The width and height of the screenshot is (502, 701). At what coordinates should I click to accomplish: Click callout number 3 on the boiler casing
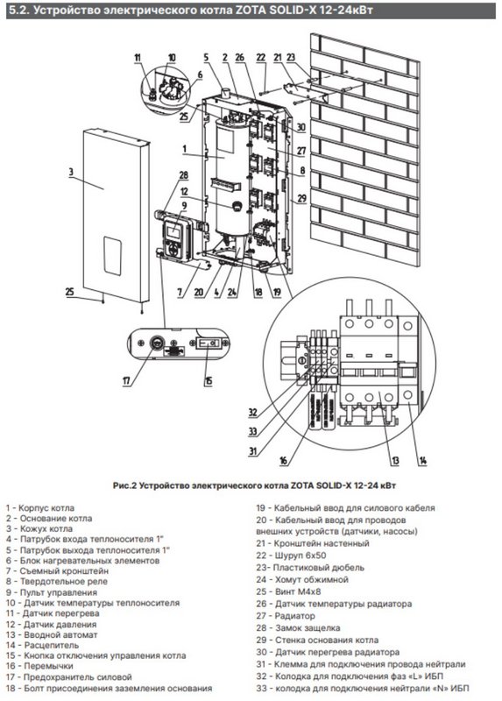click(x=72, y=173)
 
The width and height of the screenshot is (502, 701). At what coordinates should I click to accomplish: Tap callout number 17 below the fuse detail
click(x=126, y=380)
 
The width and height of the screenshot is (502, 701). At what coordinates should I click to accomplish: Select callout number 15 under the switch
click(x=209, y=380)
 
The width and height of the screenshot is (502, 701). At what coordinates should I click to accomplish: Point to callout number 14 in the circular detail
click(x=422, y=461)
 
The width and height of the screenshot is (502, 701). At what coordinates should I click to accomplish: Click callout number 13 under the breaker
click(x=395, y=461)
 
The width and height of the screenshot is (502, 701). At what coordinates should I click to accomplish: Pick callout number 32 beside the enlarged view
click(x=253, y=412)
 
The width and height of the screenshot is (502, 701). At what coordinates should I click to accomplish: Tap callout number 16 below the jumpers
click(x=283, y=461)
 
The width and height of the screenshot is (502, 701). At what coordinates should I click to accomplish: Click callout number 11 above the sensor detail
click(x=138, y=57)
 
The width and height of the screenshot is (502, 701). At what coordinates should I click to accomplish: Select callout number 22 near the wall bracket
click(x=261, y=57)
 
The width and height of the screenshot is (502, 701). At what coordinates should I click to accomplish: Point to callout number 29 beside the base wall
click(x=302, y=198)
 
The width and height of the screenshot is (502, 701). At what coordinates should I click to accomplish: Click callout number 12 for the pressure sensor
click(x=185, y=192)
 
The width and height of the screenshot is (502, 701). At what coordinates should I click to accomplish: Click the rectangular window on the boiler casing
click(x=113, y=255)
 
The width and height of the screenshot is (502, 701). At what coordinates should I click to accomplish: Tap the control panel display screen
click(x=173, y=231)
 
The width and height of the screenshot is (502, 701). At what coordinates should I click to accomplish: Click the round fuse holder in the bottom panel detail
click(x=157, y=343)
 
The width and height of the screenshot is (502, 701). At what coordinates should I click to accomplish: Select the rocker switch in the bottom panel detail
click(x=209, y=343)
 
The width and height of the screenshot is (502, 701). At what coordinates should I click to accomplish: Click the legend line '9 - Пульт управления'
click(x=52, y=592)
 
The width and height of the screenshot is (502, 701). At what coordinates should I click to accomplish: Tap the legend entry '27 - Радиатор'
click(x=286, y=616)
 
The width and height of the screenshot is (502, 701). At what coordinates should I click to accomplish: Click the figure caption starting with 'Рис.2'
click(x=254, y=485)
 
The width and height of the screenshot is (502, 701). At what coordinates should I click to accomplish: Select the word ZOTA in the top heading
click(x=251, y=11)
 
